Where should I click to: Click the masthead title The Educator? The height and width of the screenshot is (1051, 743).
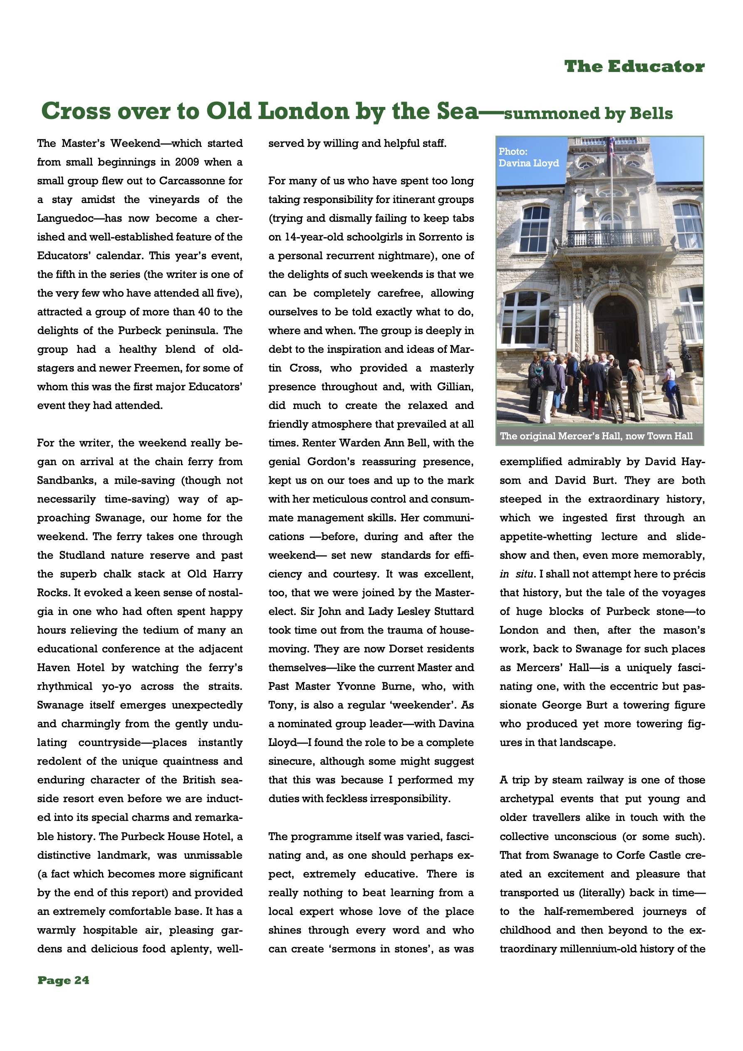click(634, 67)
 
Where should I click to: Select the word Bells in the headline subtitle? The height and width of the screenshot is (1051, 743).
click(653, 114)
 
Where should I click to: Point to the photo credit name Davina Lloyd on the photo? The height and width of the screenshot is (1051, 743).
click(528, 164)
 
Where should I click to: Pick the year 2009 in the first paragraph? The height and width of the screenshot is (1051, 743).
click(186, 162)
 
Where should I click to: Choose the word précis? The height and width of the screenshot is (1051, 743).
click(689, 574)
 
